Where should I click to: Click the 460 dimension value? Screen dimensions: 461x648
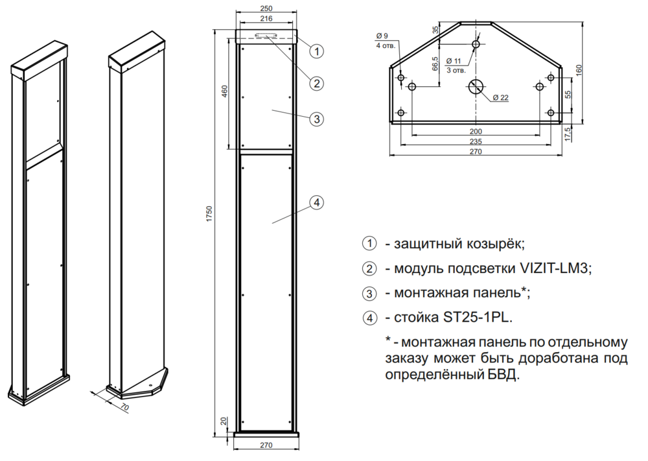tap(225, 91)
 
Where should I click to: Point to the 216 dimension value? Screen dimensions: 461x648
tap(266, 20)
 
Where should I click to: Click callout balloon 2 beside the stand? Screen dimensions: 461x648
tap(316, 83)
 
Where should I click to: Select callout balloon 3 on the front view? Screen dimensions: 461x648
tap(316, 119)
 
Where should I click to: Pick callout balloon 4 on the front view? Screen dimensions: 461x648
tap(316, 204)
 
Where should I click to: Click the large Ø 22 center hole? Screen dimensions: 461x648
tap(476, 89)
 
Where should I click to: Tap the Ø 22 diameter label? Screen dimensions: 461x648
tap(500, 98)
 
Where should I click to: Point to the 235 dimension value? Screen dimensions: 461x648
tap(476, 141)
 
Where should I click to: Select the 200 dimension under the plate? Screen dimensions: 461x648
tap(476, 130)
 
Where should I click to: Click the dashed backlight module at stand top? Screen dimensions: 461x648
tap(266, 36)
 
